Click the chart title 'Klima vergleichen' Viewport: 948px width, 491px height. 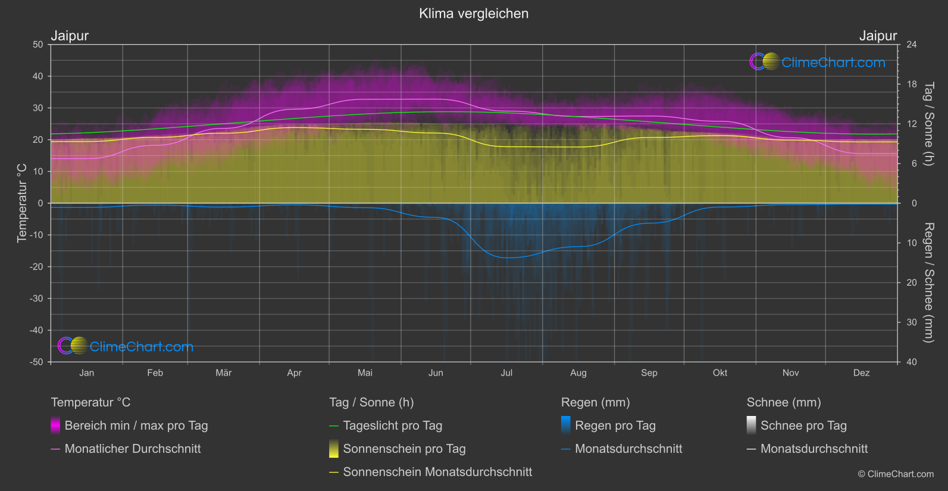[x=474, y=14]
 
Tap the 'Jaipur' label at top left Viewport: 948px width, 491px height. [x=70, y=36]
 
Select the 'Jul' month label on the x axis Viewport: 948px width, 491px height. [x=506, y=373]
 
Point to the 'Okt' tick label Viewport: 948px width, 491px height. [x=720, y=373]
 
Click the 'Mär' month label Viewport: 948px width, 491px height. [x=223, y=373]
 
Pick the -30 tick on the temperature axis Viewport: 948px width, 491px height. [x=37, y=299]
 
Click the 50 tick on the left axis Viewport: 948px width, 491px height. [x=38, y=45]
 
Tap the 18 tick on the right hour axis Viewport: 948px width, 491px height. [x=912, y=85]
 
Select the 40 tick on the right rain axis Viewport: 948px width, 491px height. [x=912, y=362]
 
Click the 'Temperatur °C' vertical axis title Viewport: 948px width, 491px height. [x=22, y=203]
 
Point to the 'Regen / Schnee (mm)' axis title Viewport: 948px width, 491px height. [x=928, y=283]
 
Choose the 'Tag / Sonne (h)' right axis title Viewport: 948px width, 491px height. [x=928, y=124]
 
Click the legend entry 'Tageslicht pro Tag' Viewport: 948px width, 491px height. [x=392, y=426]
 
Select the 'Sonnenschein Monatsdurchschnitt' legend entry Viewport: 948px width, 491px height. [x=437, y=472]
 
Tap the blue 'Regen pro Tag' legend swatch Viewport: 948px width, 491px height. [x=566, y=425]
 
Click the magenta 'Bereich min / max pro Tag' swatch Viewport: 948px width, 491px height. [x=55, y=425]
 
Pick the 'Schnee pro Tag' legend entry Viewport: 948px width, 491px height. [x=803, y=426]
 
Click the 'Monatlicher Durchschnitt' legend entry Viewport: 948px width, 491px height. [x=132, y=449]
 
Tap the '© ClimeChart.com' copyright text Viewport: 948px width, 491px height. [x=896, y=474]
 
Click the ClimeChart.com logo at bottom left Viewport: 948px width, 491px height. [x=126, y=346]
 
